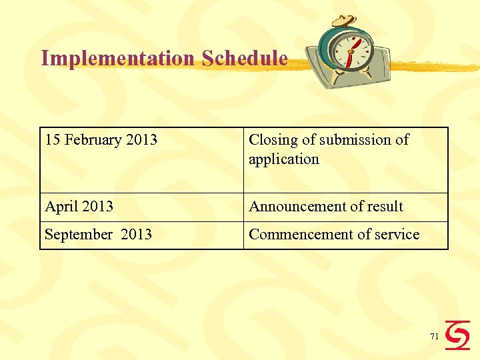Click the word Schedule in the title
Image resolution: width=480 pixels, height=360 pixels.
245,59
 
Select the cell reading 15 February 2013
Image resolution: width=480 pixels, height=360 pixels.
101,140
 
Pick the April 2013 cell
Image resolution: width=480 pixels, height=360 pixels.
79,207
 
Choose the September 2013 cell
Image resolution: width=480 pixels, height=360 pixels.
99,235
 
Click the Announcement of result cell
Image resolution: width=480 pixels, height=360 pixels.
326,207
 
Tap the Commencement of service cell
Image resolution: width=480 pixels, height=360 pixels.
334,235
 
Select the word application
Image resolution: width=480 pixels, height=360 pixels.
284,159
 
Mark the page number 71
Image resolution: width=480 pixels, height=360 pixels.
434,337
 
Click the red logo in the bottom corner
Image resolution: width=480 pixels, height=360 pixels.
457,335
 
